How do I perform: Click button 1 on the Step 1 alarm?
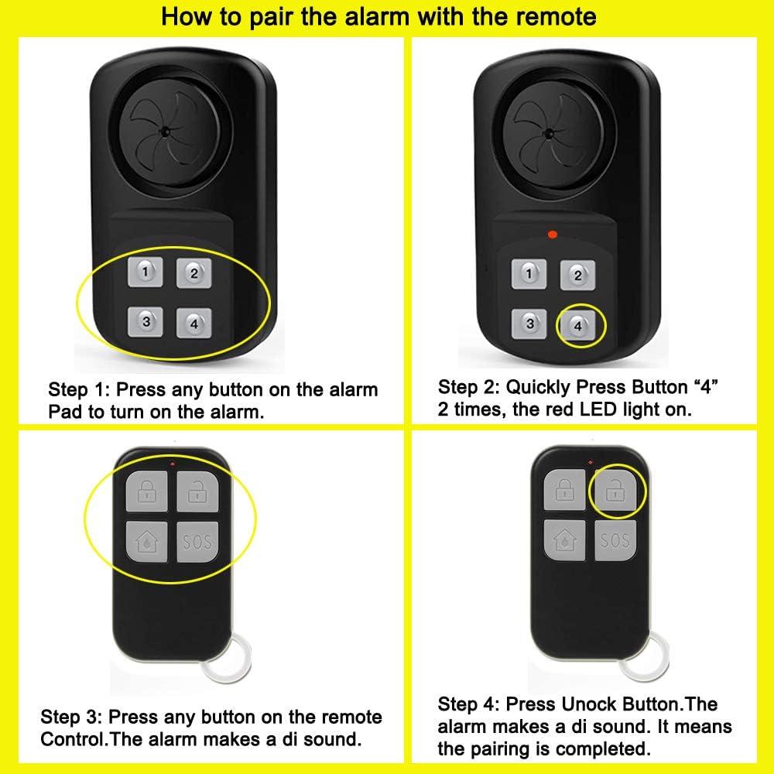point(148,271)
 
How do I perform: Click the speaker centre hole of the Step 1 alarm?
point(165,133)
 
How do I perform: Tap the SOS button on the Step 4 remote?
point(615,539)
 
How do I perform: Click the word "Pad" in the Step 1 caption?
point(64,411)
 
